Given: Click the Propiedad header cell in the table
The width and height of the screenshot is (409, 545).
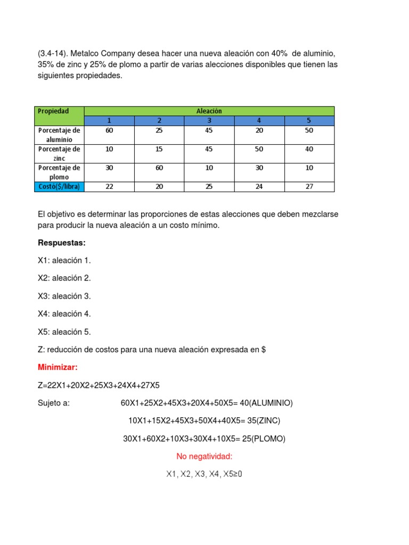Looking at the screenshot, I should pos(53,111).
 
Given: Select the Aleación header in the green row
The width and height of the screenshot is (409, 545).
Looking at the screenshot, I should pos(209,111).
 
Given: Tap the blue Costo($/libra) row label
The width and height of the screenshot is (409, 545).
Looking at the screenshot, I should pos(60,187).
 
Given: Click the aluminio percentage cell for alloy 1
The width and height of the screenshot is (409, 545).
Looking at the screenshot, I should pos(109,130).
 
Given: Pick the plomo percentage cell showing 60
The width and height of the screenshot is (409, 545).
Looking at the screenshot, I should pos(159,168).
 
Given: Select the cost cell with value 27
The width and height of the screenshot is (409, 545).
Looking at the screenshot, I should pos(309,187).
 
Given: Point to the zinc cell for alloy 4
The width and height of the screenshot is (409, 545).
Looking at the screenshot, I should pos(259,149).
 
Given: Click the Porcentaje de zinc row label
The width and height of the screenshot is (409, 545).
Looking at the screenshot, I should pos(60,154).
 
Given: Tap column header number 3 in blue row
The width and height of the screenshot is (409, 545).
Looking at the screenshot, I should pos(209,121).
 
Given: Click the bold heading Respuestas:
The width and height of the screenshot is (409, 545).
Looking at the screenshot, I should pos(62,243).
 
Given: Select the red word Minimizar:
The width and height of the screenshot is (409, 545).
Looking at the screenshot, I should pos(58,367).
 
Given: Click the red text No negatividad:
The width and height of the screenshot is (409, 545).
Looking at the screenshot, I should pos(204,457).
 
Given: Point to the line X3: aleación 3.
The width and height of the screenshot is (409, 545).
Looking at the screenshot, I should pos(64,296).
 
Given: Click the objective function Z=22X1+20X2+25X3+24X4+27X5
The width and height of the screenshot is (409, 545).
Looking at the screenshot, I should pos(99,385).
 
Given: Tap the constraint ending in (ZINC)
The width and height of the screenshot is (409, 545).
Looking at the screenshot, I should pos(204,420).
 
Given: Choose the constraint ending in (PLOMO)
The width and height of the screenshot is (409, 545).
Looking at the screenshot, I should pos(204,439).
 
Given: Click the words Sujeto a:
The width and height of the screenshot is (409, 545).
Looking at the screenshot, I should pos(54,403).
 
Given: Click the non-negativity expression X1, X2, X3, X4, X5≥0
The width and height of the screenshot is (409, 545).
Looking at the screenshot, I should pos(204,474).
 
